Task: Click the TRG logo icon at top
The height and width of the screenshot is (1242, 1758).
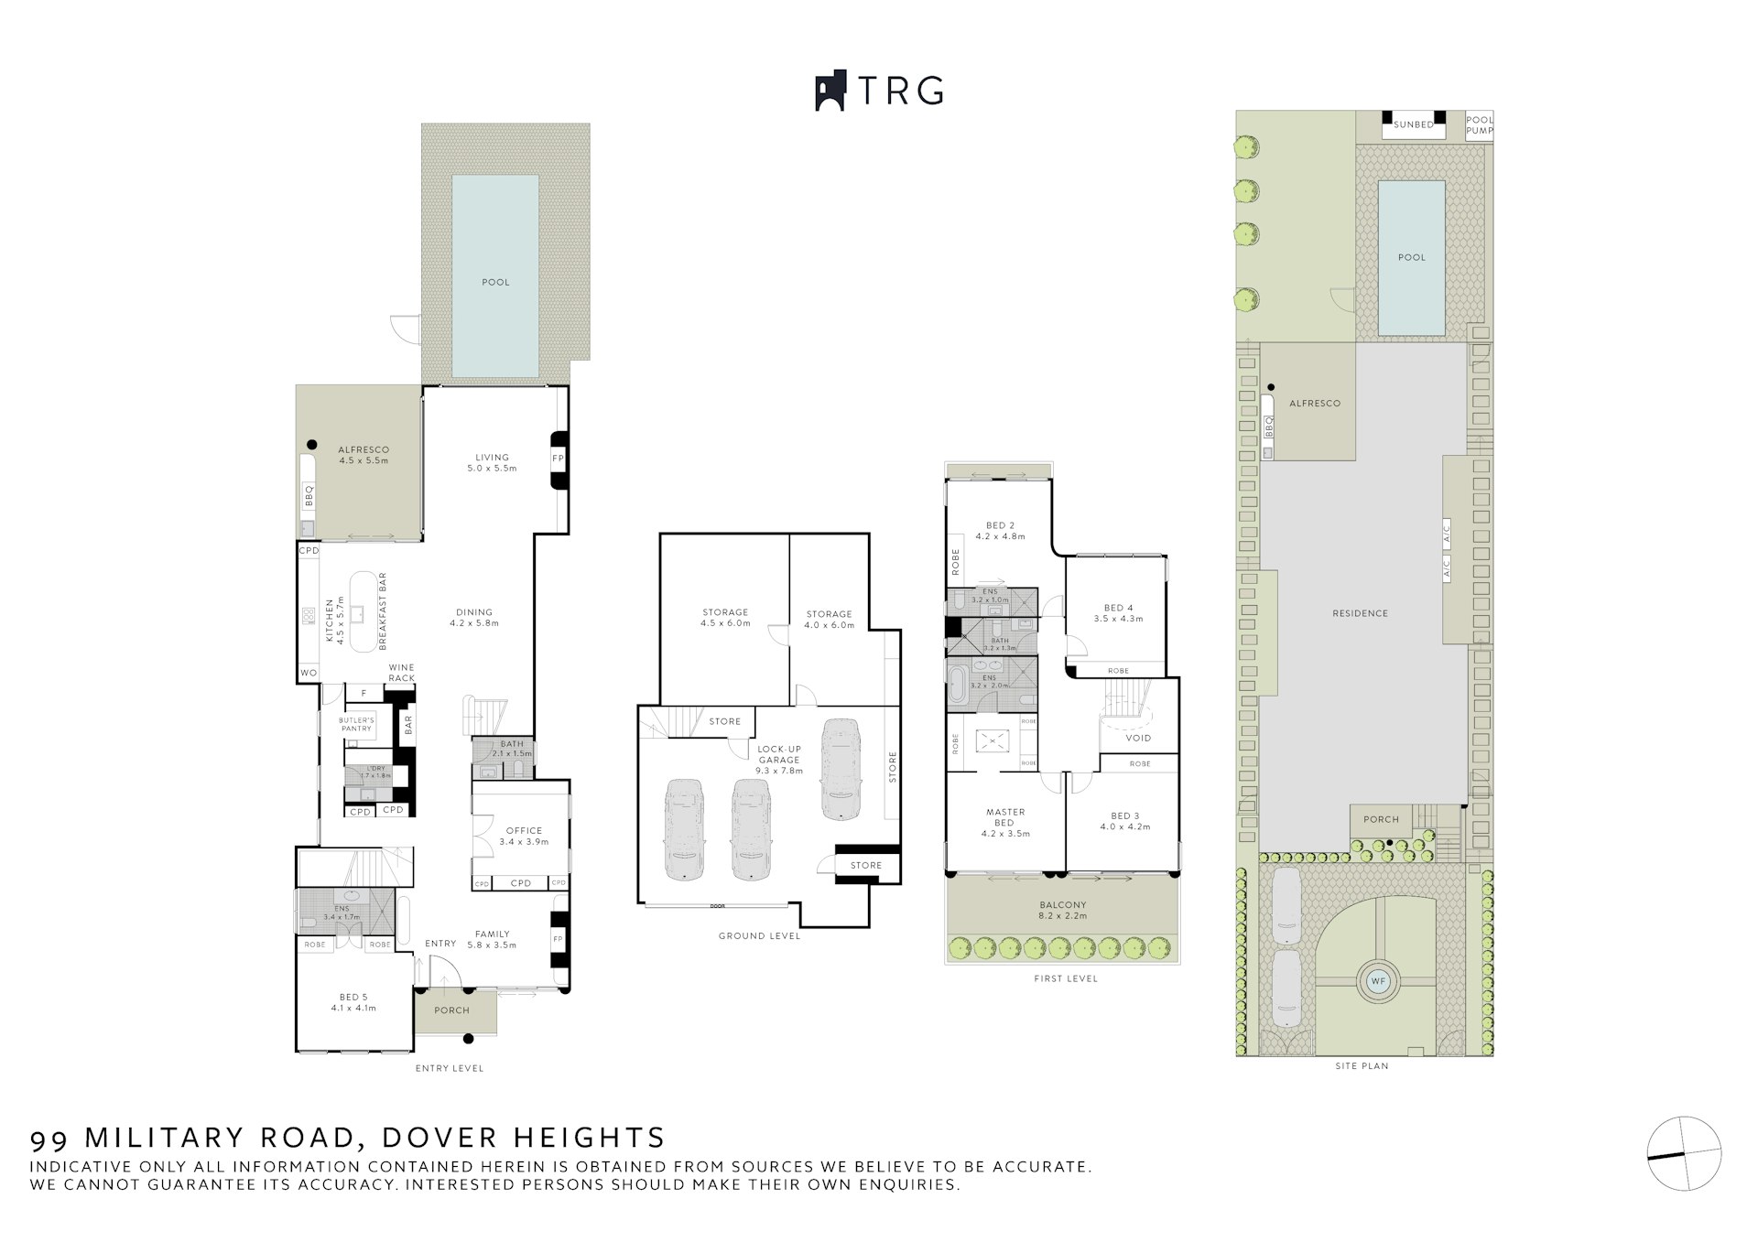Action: [830, 92]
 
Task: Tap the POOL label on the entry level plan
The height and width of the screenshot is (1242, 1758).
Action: [495, 282]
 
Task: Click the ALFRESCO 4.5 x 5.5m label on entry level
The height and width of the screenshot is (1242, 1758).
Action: [364, 455]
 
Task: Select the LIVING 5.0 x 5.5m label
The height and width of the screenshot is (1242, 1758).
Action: [492, 462]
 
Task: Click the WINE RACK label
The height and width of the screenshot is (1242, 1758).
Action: [401, 673]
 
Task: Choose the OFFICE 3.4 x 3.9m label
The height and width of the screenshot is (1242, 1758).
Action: [524, 836]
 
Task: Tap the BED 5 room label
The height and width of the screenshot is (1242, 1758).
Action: [353, 1002]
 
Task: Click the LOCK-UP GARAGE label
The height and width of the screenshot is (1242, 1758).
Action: [779, 759]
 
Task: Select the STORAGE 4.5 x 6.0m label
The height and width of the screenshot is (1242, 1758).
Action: [725, 618]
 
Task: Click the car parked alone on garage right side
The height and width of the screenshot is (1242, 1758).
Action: [841, 769]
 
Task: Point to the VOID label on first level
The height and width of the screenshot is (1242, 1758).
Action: [1138, 738]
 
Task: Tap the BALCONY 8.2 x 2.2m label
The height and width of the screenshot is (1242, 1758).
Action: [1062, 910]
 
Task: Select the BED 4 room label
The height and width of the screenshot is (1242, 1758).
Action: [1118, 613]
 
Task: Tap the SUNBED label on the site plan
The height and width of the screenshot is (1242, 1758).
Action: [1413, 124]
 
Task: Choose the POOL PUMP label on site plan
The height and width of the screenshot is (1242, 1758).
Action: [1479, 125]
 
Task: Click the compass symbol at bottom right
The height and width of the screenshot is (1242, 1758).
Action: [1684, 1153]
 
